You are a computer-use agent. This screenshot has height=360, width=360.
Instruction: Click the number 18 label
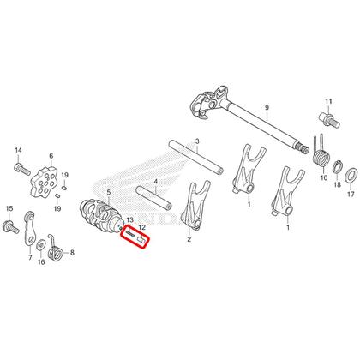click(x=336, y=184)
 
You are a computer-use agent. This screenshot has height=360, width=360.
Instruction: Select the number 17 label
click(x=348, y=194)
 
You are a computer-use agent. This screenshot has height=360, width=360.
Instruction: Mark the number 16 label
click(x=40, y=263)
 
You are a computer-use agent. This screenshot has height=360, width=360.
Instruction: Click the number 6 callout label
click(x=51, y=158)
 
